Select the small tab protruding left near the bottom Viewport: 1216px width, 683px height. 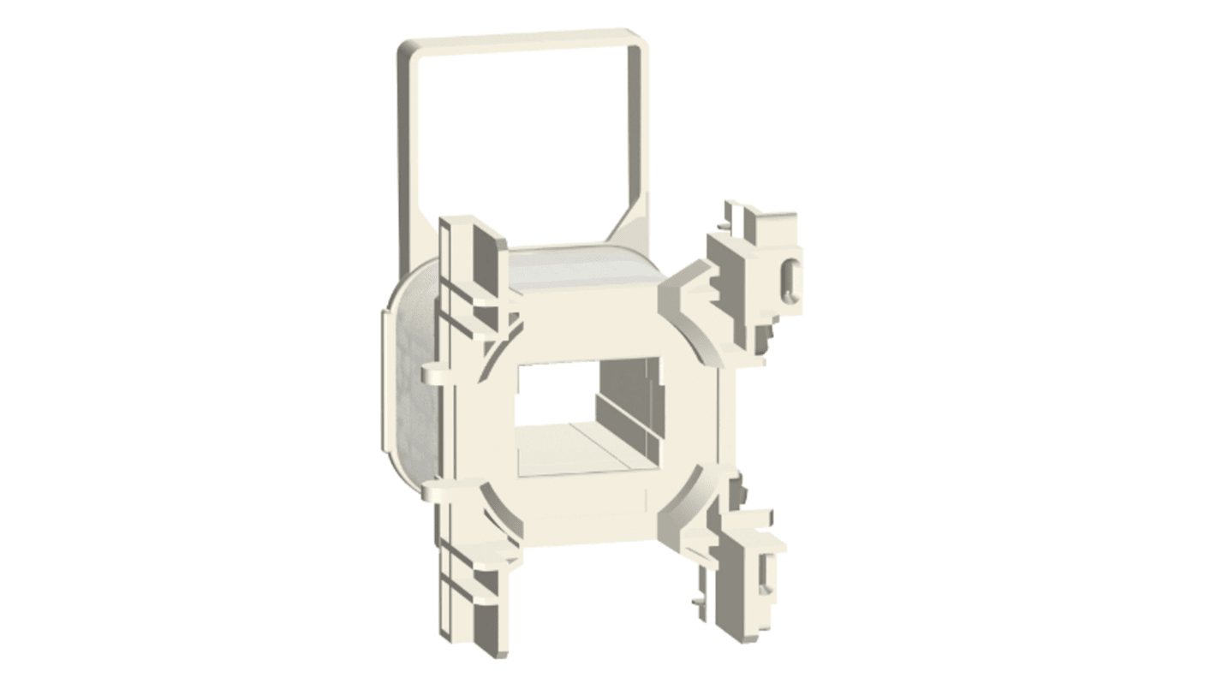pos(432,490)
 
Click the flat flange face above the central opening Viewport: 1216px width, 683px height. pos(582,317)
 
